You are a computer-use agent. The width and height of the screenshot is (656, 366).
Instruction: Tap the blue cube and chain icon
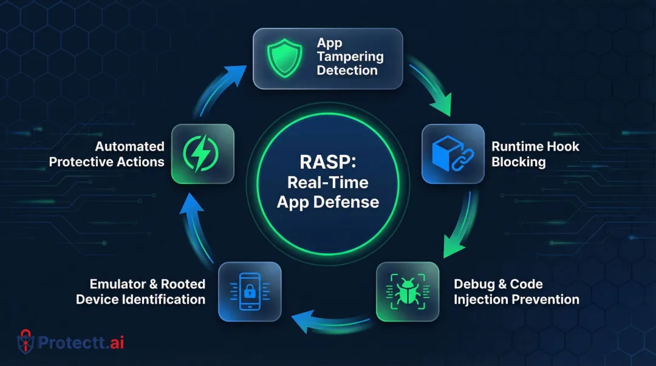tap(453, 154)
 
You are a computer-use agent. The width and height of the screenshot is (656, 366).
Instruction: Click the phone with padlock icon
tap(250, 291)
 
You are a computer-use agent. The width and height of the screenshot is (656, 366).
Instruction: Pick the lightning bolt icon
tap(202, 154)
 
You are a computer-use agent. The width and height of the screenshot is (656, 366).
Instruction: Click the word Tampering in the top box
tap(350, 56)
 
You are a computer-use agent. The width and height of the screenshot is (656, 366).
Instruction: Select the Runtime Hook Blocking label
tap(535, 154)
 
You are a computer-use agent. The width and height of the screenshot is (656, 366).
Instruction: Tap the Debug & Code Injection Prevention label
tap(516, 291)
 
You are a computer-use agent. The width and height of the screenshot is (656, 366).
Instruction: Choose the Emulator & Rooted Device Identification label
tap(140, 291)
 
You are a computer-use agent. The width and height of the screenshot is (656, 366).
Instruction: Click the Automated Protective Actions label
tap(107, 154)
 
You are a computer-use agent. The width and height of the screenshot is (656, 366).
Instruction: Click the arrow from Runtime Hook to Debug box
tap(459, 225)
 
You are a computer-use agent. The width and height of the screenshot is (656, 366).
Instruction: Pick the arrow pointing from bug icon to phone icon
tap(328, 319)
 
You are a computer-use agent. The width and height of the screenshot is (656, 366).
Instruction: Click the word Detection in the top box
tap(347, 70)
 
